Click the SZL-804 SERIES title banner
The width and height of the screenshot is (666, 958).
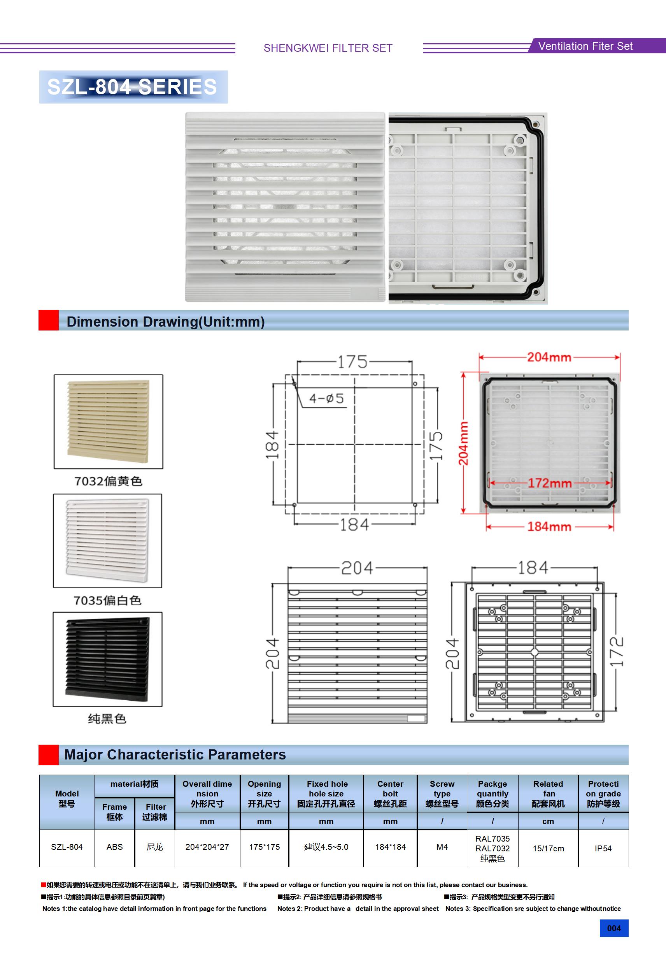pos(133,87)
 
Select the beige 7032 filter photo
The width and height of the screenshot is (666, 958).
pos(108,421)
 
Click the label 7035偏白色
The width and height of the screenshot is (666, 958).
pos(108,600)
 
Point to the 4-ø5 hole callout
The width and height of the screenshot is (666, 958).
pos(326,399)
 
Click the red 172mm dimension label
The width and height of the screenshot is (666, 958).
pos(550,483)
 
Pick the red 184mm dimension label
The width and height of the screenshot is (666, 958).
pos(549,527)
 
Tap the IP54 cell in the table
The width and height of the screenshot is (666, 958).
pos(603,848)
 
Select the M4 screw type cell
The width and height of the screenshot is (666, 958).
pos(442,847)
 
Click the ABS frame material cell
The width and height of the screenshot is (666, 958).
pos(115,847)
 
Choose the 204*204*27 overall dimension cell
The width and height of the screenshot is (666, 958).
pos(207,847)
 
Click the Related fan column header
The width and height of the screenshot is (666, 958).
pos(549,793)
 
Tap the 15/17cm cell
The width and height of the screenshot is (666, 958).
pos(549,848)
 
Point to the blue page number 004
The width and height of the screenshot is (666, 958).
pos(614,928)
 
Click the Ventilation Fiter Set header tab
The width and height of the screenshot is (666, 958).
pos(585,46)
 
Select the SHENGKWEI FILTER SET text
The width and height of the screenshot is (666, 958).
pos(328,48)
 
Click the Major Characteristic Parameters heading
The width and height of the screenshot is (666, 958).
pos(175,754)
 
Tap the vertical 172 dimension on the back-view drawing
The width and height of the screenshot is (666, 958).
pos(616,651)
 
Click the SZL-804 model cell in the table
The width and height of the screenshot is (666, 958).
pos(67,847)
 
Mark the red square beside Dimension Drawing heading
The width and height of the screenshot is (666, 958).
pos(48,320)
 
